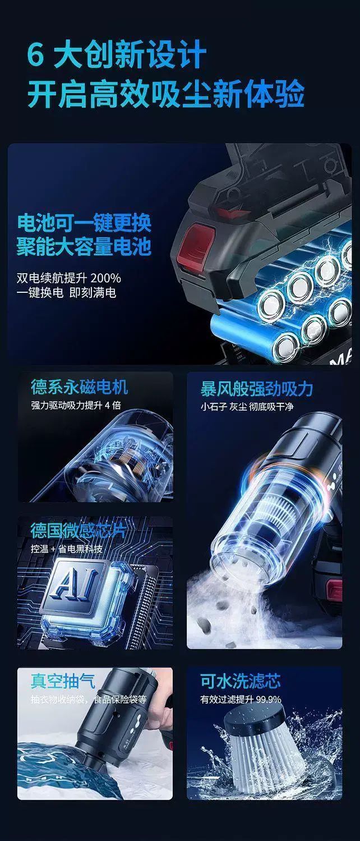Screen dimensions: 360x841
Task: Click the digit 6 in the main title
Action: (x=36, y=56)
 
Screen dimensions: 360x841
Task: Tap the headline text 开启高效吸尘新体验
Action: (x=165, y=94)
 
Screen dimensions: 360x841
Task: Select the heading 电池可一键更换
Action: (x=84, y=223)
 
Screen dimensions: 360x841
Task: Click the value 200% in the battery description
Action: (x=106, y=278)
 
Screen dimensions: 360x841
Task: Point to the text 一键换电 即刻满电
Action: (x=66, y=293)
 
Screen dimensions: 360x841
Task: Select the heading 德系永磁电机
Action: (x=79, y=387)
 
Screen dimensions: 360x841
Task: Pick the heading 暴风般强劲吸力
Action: (x=256, y=389)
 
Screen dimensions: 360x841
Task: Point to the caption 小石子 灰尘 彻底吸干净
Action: (x=246, y=407)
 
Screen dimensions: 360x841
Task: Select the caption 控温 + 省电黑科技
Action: (x=67, y=549)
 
